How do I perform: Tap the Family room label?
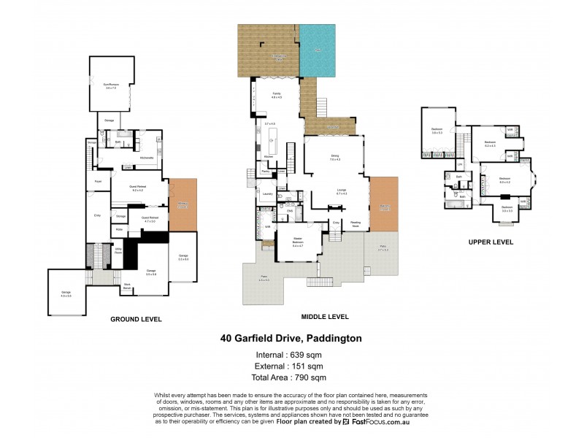pos(277,95)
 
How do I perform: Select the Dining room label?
pos(334,156)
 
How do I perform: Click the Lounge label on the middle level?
pos(341,191)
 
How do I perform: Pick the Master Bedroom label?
pos(297,240)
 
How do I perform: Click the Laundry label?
pos(267,193)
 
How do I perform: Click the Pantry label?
pos(266,172)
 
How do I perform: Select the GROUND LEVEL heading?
pos(136,319)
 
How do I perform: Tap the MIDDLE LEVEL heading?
pos(325,317)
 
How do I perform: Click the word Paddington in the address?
pos(334,339)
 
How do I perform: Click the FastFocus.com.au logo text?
pos(382,422)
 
